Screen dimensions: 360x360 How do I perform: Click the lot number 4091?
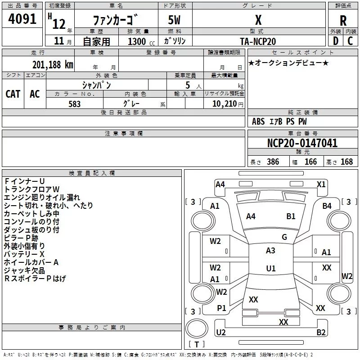point(22,19)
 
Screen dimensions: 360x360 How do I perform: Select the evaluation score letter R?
point(343,20)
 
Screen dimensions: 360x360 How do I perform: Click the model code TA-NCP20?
point(258,41)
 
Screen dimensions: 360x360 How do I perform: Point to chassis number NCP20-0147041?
point(302,143)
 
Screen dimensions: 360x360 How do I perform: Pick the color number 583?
point(74,104)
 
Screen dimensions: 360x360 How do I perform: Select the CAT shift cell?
point(13,94)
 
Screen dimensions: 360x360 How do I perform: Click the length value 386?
point(272,162)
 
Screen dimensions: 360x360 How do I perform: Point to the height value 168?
point(346,162)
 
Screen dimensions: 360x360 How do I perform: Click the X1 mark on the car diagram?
point(321,184)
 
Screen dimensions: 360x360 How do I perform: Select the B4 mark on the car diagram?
point(327,206)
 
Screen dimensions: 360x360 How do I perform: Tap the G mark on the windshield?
point(284,237)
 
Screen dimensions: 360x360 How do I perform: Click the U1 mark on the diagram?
point(270,269)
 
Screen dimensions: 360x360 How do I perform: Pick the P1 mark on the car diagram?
point(221,308)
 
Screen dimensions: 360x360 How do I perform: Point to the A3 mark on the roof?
point(270,251)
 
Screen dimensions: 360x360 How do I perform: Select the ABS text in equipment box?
point(258,121)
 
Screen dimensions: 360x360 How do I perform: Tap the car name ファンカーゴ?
point(116,20)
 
